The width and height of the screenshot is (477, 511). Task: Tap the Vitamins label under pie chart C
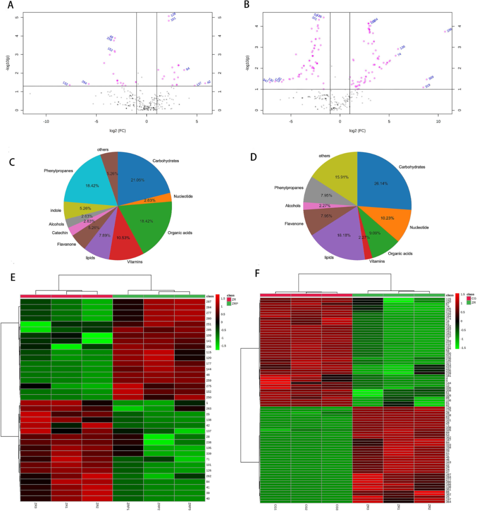coord(135,262)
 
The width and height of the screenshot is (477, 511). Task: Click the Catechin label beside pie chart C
coord(60,233)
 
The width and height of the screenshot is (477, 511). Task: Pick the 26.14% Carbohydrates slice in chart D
coord(382,181)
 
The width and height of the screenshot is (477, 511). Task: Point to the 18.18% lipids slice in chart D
coord(340,236)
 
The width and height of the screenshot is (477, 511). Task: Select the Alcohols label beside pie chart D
coord(293,206)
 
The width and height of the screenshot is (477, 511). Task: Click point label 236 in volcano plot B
coord(449,30)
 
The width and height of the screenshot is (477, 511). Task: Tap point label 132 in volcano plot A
coord(65,83)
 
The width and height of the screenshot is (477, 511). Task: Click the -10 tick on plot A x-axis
coord(46,122)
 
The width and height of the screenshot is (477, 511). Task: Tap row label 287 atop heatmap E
coord(208,301)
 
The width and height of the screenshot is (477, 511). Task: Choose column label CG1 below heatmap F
coord(275,507)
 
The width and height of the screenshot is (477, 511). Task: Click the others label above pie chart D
coord(324,156)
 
